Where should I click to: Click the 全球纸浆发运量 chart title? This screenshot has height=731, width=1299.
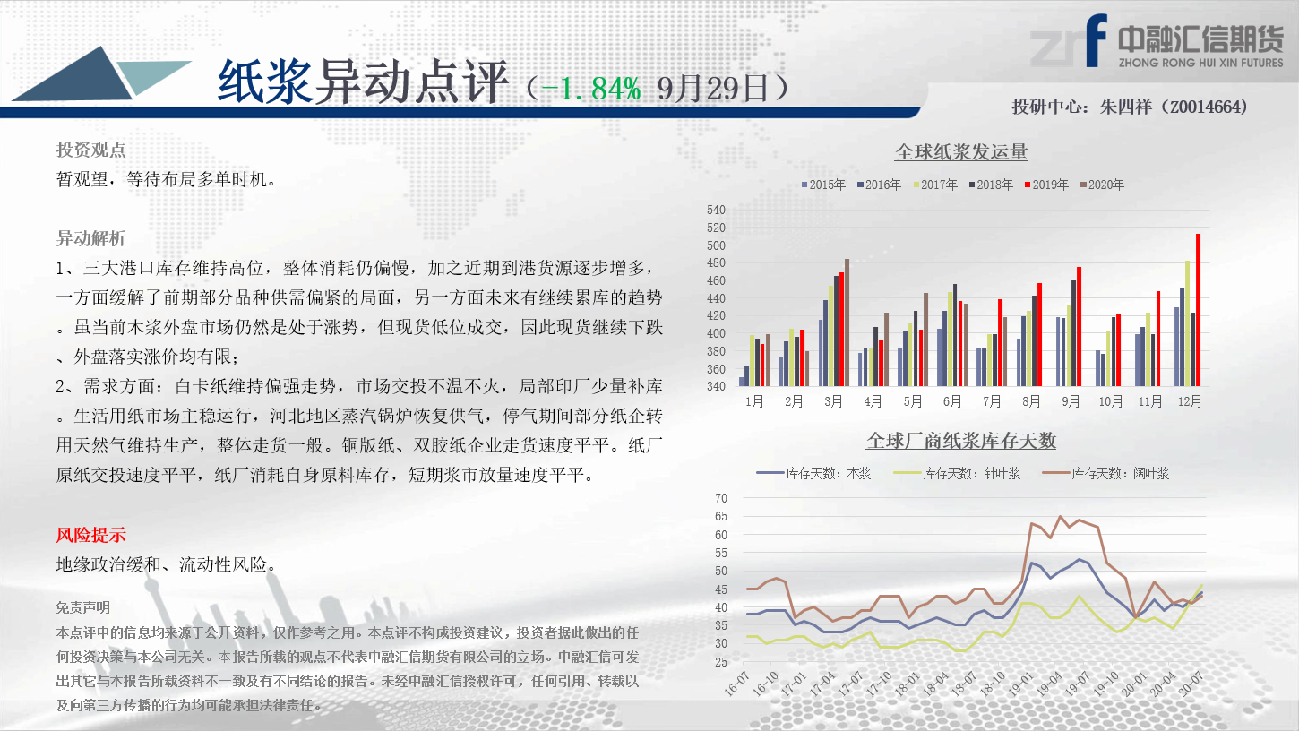click(x=961, y=152)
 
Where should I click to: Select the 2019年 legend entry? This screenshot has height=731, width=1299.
click(x=1046, y=185)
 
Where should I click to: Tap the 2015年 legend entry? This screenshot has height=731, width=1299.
click(x=823, y=185)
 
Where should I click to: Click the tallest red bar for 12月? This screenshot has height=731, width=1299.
click(x=1198, y=310)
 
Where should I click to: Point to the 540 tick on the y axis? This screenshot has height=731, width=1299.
click(x=716, y=210)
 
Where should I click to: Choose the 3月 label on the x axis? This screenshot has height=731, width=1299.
click(x=834, y=401)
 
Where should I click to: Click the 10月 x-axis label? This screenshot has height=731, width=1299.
click(x=1111, y=401)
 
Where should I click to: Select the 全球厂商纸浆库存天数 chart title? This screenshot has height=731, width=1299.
click(x=961, y=441)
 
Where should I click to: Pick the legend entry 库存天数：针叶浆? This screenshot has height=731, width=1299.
click(x=957, y=474)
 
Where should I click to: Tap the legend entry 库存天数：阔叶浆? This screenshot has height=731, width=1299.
click(x=1105, y=474)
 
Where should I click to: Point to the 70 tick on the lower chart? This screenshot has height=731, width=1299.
click(x=721, y=498)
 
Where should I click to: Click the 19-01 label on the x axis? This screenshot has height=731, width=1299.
click(x=1020, y=684)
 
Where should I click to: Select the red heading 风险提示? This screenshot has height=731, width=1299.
click(x=91, y=535)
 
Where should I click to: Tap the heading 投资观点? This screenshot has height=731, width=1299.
click(x=91, y=150)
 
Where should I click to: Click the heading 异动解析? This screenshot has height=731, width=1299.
click(x=91, y=238)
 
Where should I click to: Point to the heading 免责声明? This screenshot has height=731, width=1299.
click(x=83, y=607)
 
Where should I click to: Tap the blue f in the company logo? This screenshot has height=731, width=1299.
click(x=1096, y=40)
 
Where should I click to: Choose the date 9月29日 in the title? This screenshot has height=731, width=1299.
click(x=713, y=89)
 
